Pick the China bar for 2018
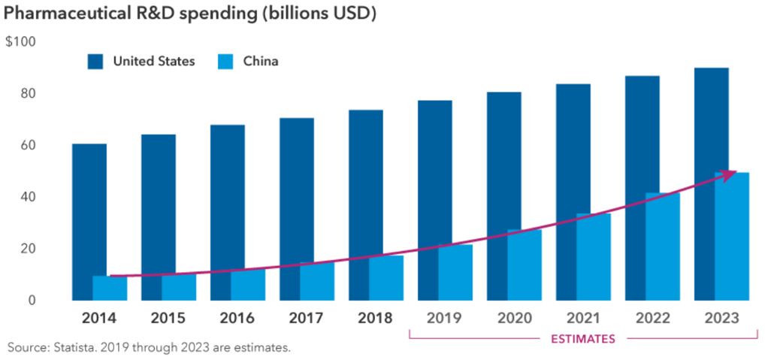tap(386, 278)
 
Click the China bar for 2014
tap(110, 289)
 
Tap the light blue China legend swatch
tap(223, 62)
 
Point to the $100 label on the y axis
tap(21, 42)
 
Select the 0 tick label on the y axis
tap(32, 301)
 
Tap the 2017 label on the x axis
tap(305, 318)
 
